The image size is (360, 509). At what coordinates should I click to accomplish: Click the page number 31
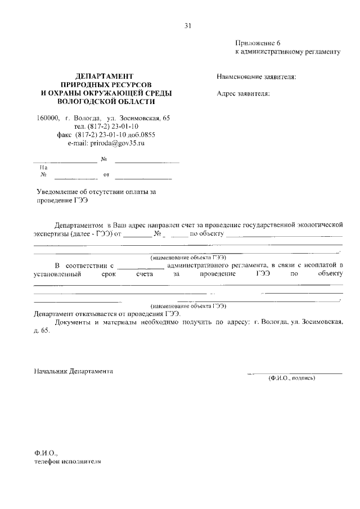(188, 25)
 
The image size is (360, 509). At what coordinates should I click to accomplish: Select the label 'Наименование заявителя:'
(256, 76)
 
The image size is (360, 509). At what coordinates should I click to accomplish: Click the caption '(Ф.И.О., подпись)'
(291, 378)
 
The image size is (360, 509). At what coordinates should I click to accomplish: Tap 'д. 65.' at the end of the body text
(42, 331)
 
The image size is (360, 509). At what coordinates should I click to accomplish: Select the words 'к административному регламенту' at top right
(287, 52)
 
